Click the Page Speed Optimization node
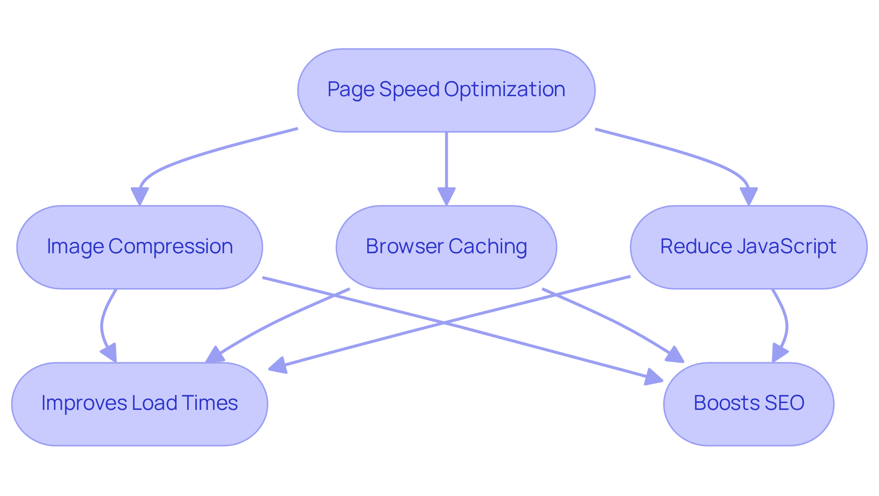click(446, 90)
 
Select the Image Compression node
click(140, 247)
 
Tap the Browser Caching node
click(446, 247)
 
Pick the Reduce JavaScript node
click(749, 247)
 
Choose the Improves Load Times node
click(140, 404)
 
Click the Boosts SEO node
click(749, 404)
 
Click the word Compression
click(170, 246)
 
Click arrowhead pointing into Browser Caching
click(446, 196)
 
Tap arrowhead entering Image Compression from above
click(140, 196)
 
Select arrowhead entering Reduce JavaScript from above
click(749, 196)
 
